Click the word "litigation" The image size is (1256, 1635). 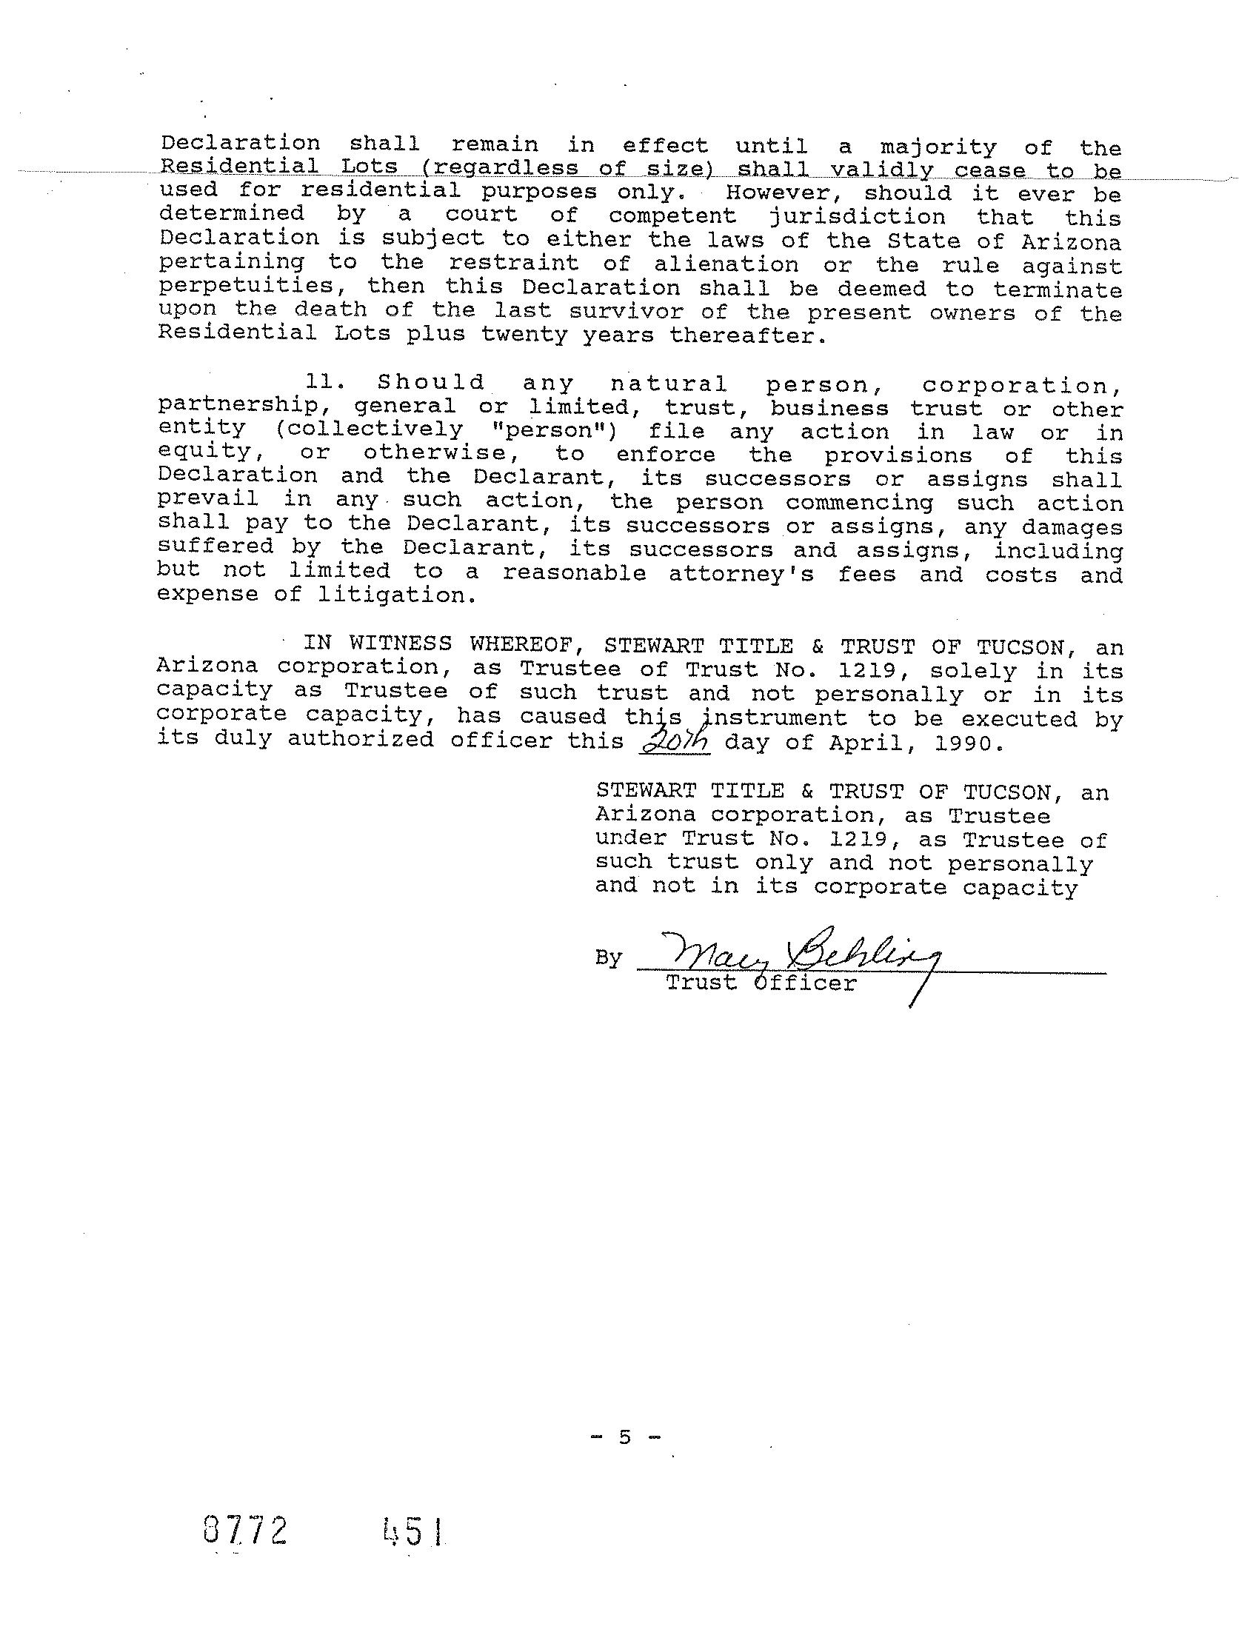[396, 596]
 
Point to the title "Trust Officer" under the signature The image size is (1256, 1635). [761, 983]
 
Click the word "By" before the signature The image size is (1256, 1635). [609, 958]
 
